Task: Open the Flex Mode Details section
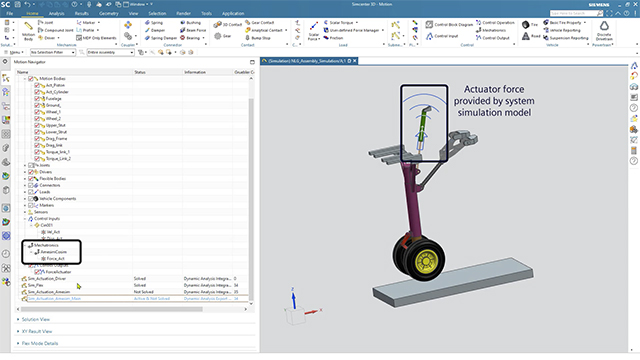(43, 343)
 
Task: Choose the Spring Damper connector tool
(163, 38)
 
